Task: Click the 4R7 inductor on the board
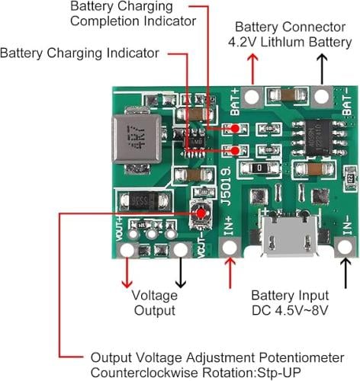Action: coord(137,139)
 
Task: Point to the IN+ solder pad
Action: coord(230,246)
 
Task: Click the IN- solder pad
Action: coord(345,246)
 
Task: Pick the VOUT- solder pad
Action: coord(181,249)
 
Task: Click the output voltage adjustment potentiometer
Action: coord(201,214)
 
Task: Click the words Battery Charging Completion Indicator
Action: coord(133,14)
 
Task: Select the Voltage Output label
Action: coord(155,303)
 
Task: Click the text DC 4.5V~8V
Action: coord(290,310)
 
